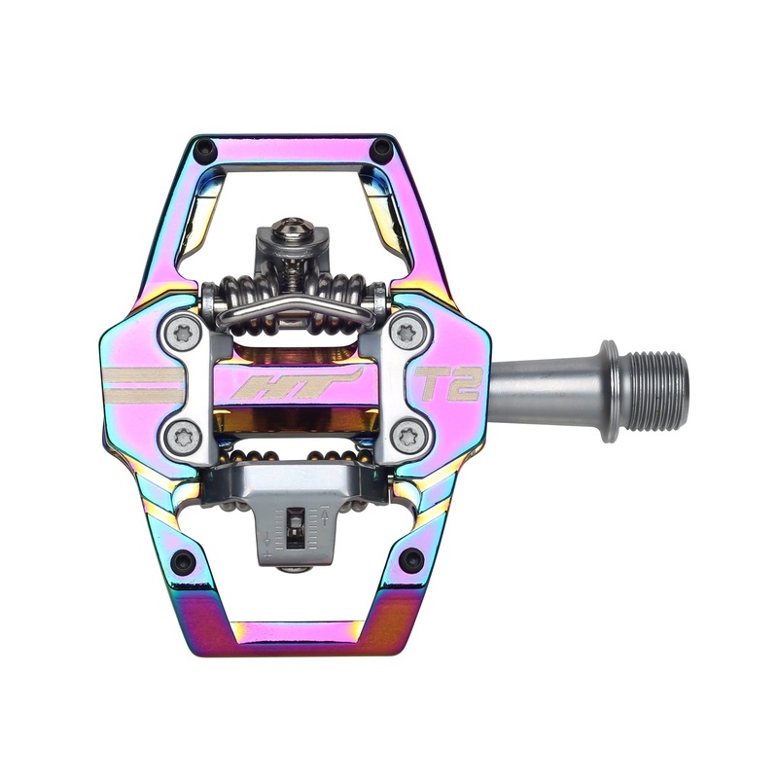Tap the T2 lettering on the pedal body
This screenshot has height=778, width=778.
448,384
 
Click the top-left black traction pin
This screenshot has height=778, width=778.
204,150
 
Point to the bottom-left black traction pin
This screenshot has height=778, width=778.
182,561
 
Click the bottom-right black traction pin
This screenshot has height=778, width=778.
411,559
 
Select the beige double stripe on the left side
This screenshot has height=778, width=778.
143,385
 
